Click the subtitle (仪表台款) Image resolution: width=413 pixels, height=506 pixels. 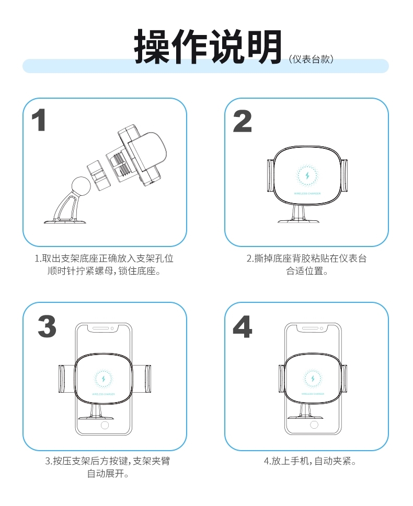click(311, 60)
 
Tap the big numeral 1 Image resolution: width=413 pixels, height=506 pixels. click(39, 120)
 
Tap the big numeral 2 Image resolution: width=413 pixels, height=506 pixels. click(243, 121)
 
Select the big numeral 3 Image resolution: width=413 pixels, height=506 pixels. click(47, 326)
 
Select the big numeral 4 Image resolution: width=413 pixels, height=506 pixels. click(243, 326)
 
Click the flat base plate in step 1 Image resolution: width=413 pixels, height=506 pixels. click(65, 221)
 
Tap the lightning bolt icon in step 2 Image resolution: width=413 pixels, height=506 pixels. click(307, 176)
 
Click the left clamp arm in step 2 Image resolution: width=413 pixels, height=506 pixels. click(270, 175)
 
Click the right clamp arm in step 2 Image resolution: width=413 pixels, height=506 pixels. click(345, 175)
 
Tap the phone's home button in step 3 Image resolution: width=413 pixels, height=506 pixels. click(105, 425)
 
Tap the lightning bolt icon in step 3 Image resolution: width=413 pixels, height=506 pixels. click(104, 378)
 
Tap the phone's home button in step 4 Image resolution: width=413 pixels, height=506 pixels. click(314, 425)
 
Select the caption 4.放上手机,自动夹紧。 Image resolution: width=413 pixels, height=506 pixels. click(310, 461)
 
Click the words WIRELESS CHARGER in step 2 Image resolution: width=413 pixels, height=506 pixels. click(307, 194)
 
